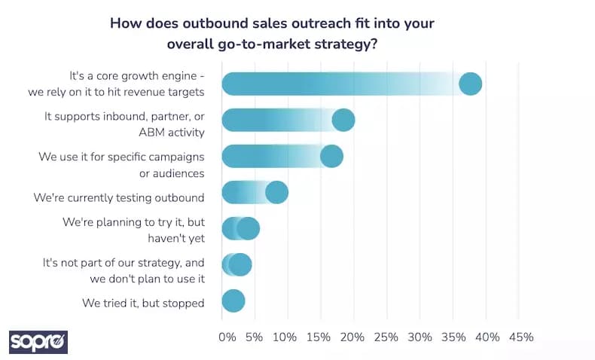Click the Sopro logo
(x=38, y=341)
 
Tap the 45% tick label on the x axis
(x=520, y=337)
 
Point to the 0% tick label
(x=227, y=337)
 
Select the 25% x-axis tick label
(x=386, y=337)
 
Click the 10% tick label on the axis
(x=284, y=337)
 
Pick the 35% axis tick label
(x=453, y=337)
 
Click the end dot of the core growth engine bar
(x=470, y=84)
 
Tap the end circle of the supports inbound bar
(x=343, y=120)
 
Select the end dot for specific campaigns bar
(x=331, y=156)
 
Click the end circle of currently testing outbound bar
(x=277, y=192)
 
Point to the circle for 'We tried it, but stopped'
(x=233, y=301)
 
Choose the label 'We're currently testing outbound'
(x=119, y=198)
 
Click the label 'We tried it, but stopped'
(x=143, y=303)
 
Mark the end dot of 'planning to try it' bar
(x=248, y=228)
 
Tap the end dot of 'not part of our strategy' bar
(x=240, y=264)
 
